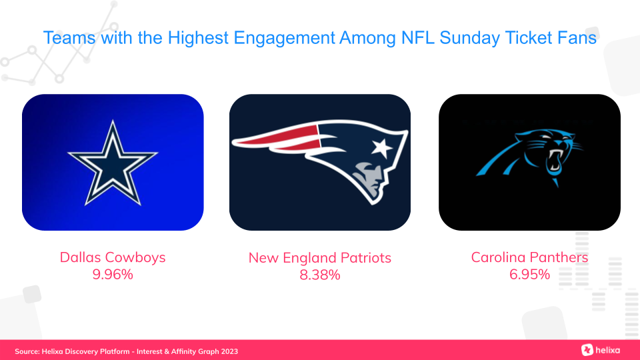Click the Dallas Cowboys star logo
pyautogui.click(x=113, y=163)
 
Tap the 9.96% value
pyautogui.click(x=113, y=274)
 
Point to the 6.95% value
pyautogui.click(x=529, y=274)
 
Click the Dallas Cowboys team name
pyautogui.click(x=113, y=257)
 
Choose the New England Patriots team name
pyautogui.click(x=320, y=258)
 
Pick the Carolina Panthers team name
pyautogui.click(x=529, y=257)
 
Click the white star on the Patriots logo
pyautogui.click(x=381, y=148)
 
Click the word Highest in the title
pyautogui.click(x=198, y=38)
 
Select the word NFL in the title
pyautogui.click(x=418, y=38)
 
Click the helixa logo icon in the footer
pyautogui.click(x=587, y=350)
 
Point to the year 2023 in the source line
pyautogui.click(x=229, y=351)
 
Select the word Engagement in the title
pyautogui.click(x=284, y=38)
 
